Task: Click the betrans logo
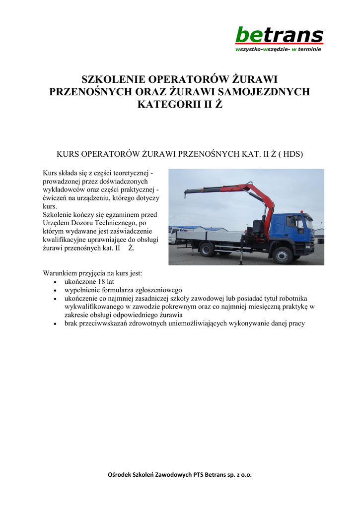pyautogui.click(x=279, y=35)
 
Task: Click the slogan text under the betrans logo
pyautogui.click(x=278, y=50)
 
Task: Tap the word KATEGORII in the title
pyautogui.click(x=164, y=104)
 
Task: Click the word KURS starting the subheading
pyautogui.click(x=69, y=154)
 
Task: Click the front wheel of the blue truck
pyautogui.click(x=282, y=255)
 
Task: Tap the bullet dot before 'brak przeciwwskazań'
pyautogui.click(x=55, y=323)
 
